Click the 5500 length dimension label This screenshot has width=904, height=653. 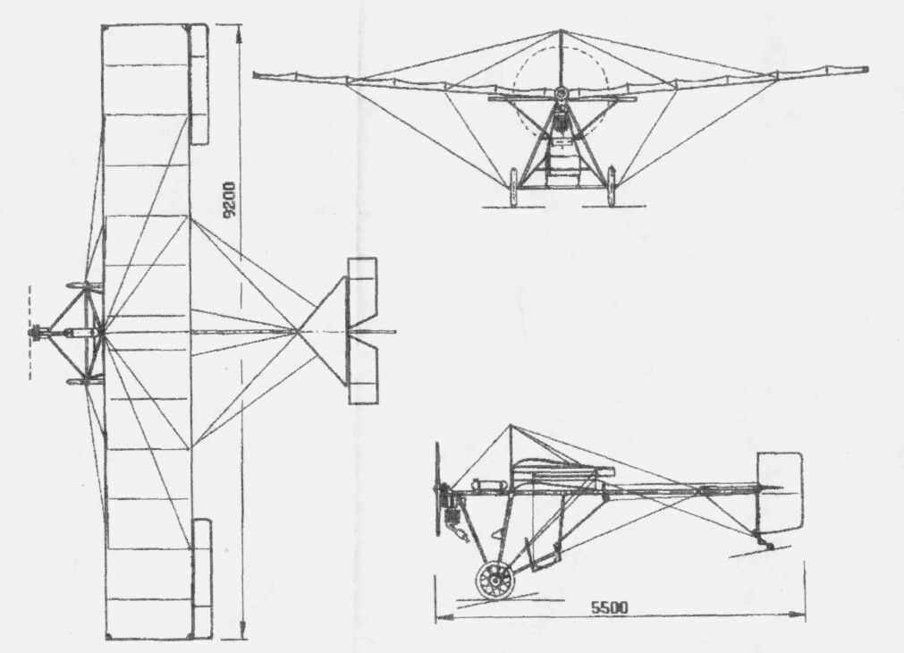pyautogui.click(x=610, y=607)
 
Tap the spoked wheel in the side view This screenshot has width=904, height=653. pyautogui.click(x=495, y=581)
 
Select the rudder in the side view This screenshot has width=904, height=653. pyautogui.click(x=780, y=491)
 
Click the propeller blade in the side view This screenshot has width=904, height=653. pyautogui.click(x=437, y=488)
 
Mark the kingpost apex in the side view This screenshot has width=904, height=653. pyautogui.click(x=511, y=426)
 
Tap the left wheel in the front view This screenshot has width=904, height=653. pyautogui.click(x=513, y=186)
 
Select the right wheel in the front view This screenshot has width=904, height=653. pyautogui.click(x=610, y=186)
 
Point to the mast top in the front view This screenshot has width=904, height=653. pyautogui.click(x=559, y=30)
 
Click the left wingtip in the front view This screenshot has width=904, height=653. pyautogui.click(x=256, y=75)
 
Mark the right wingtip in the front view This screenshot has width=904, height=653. pyautogui.click(x=866, y=70)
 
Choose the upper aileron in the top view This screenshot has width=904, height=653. pyautogui.click(x=199, y=84)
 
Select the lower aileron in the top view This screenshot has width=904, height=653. pyautogui.click(x=202, y=579)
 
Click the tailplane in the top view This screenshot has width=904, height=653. pyautogui.click(x=363, y=331)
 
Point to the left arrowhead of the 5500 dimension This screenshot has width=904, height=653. pyautogui.click(x=439, y=616)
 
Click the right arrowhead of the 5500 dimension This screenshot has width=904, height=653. pyautogui.click(x=801, y=615)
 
